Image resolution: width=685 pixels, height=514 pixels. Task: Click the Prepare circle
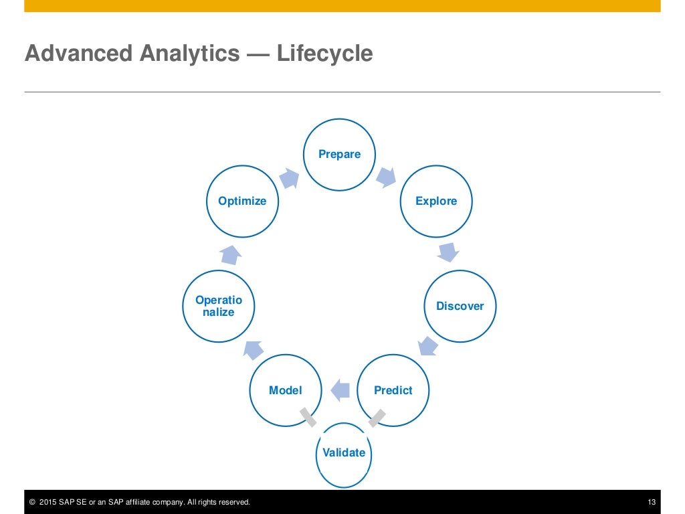pyautogui.click(x=340, y=155)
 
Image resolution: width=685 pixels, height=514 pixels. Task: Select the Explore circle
pyautogui.click(x=436, y=201)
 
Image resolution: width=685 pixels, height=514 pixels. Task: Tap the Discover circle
pyautogui.click(x=460, y=306)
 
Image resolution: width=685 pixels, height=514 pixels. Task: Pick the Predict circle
pyautogui.click(x=393, y=390)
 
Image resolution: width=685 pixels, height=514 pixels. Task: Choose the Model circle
pyautogui.click(x=286, y=390)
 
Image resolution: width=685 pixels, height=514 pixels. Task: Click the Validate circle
pyautogui.click(x=344, y=453)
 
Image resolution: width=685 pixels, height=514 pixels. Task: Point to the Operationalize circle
pyautogui.click(x=219, y=307)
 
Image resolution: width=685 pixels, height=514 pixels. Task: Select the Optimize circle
pyautogui.click(x=242, y=201)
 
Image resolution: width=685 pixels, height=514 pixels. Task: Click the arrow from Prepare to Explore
pyautogui.click(x=386, y=177)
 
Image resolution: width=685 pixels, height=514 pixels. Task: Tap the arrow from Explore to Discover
pyautogui.click(x=448, y=252)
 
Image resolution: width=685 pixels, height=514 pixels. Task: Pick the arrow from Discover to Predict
pyautogui.click(x=427, y=346)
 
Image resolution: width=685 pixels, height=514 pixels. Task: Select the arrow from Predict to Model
pyautogui.click(x=340, y=390)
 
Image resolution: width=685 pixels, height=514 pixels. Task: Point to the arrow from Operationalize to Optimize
pyautogui.click(x=231, y=254)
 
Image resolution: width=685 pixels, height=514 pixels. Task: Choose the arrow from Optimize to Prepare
pyautogui.click(x=289, y=177)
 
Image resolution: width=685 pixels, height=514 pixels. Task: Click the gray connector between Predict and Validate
pyautogui.click(x=377, y=418)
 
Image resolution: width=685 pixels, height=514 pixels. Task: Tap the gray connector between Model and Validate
pyautogui.click(x=308, y=417)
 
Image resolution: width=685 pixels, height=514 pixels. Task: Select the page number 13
pyautogui.click(x=652, y=503)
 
